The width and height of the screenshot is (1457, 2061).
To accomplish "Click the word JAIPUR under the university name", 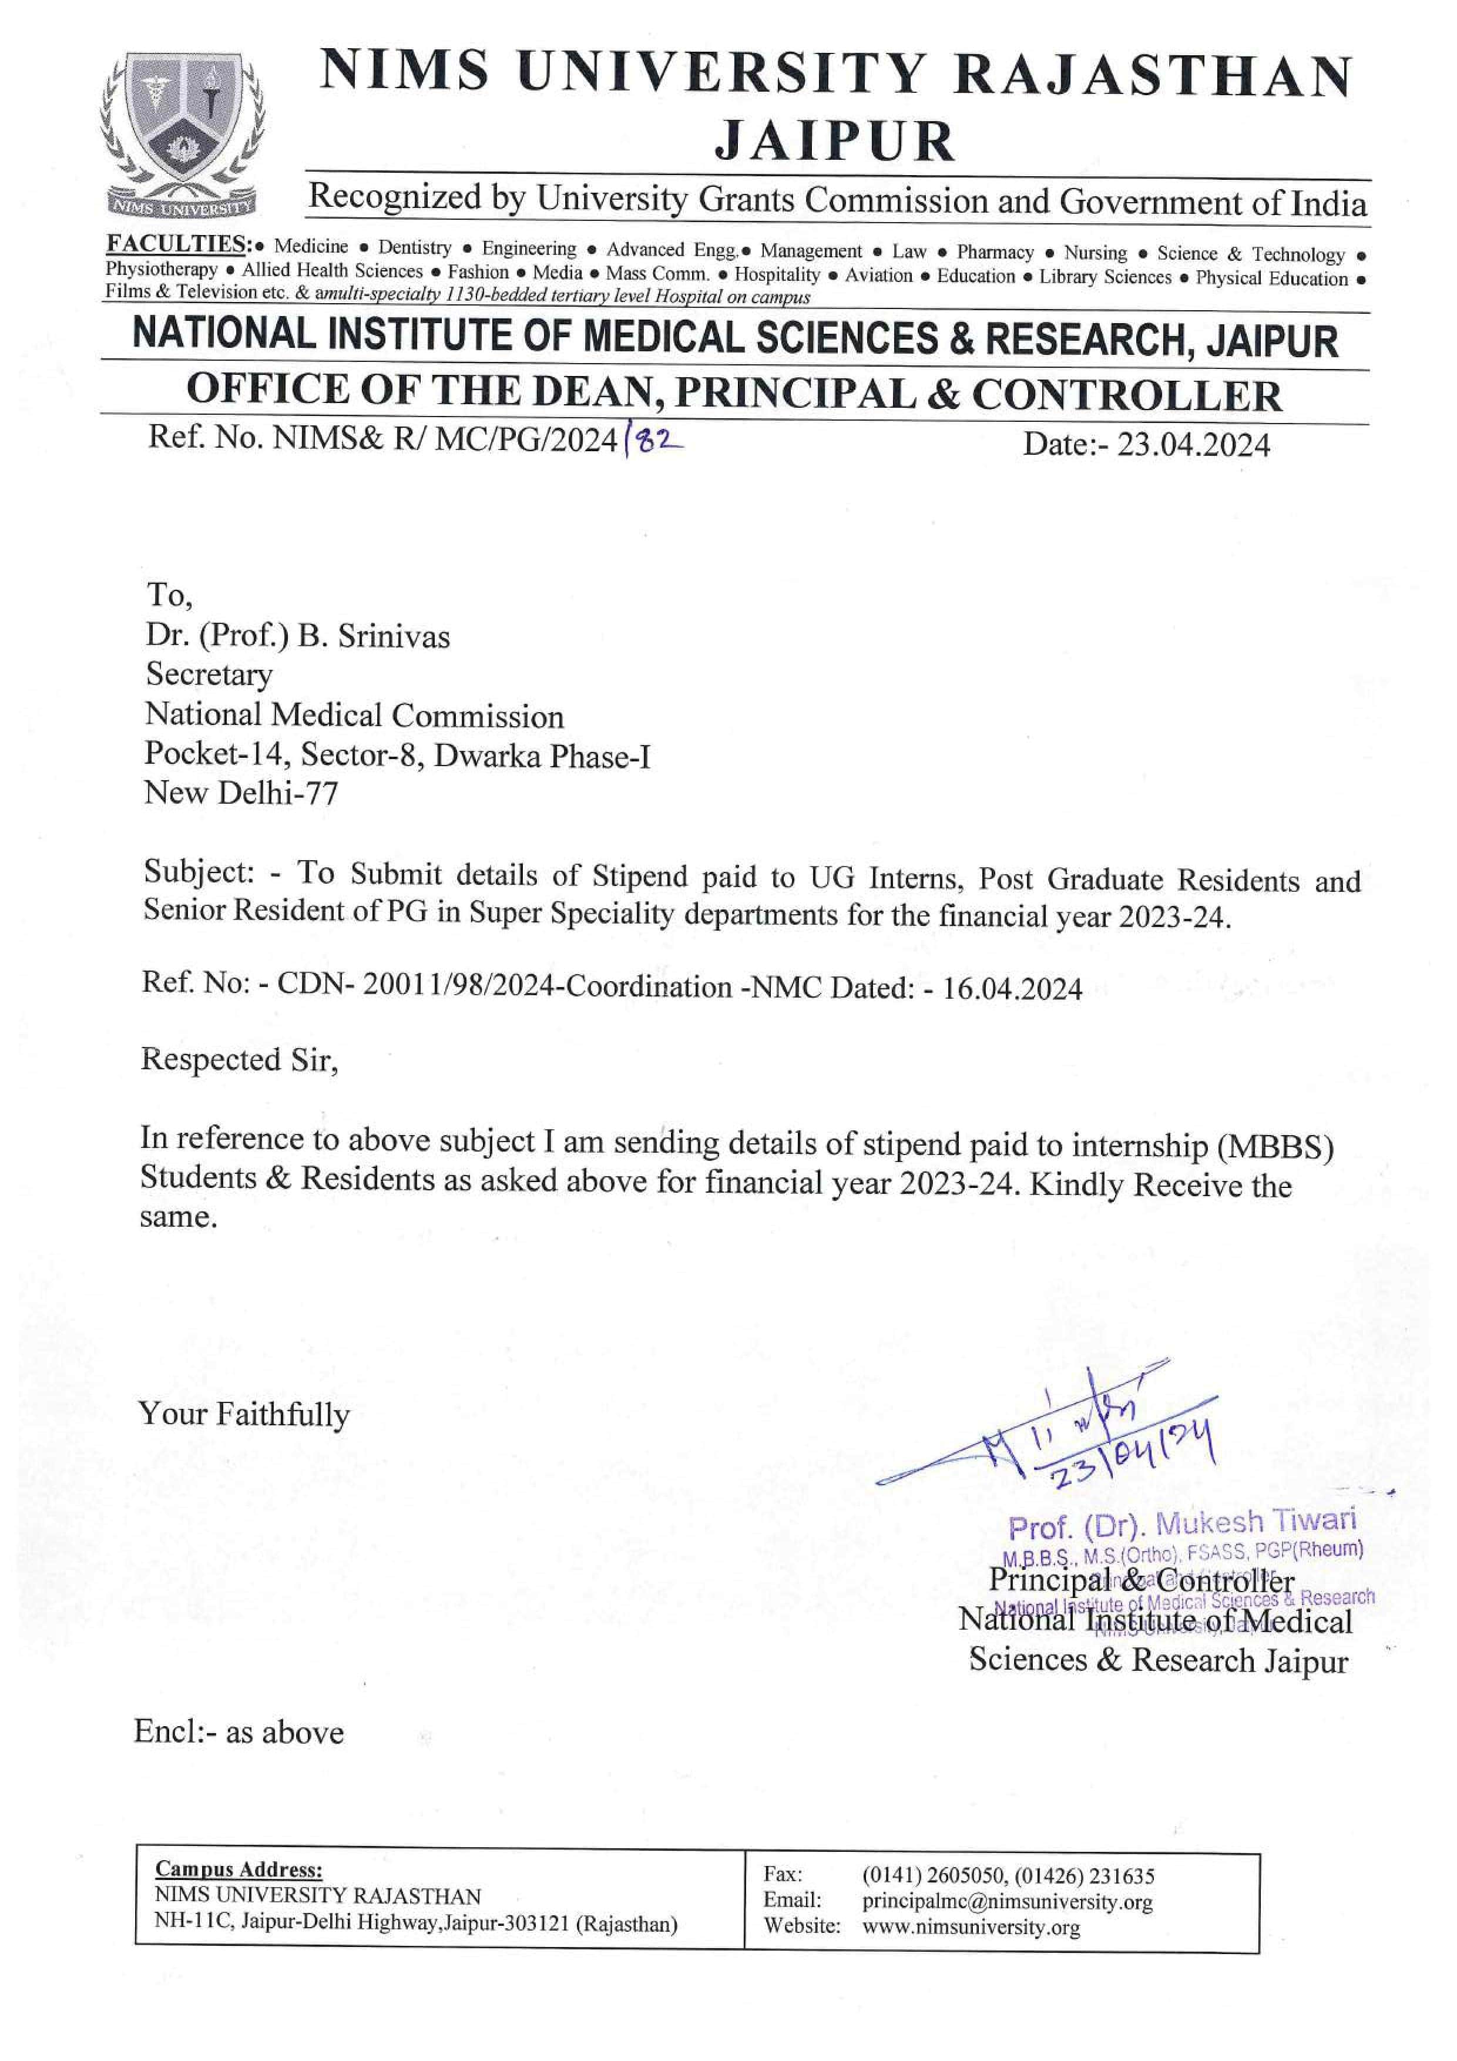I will tap(834, 141).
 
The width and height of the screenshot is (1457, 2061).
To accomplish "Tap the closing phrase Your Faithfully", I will tap(243, 1415).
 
